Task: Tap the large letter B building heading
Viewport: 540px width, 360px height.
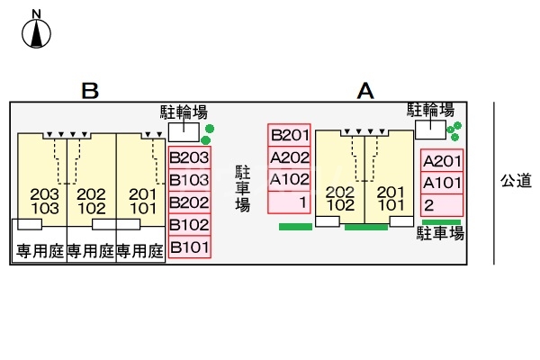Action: [89, 91]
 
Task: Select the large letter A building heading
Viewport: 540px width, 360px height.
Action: [364, 91]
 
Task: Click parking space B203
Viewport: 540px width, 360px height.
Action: [189, 157]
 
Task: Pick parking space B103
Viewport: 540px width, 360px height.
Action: [189, 179]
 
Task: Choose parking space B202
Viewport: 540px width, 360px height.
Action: [189, 202]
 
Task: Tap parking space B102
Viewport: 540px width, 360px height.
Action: [189, 224]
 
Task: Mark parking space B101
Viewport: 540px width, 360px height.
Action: [189, 247]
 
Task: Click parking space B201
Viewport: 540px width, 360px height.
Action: [290, 136]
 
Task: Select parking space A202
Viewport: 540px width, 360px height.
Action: [290, 157]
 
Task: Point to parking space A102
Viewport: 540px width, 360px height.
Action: [290, 179]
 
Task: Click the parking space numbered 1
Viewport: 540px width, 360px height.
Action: [290, 202]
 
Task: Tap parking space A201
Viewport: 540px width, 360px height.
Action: [442, 162]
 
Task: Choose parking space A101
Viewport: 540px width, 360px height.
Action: [442, 184]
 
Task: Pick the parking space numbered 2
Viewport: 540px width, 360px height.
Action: [442, 205]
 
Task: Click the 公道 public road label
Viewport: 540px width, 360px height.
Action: [517, 181]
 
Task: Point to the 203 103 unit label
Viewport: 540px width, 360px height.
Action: [45, 202]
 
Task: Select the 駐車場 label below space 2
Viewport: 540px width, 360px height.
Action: [440, 234]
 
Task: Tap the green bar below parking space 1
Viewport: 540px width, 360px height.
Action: [295, 227]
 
